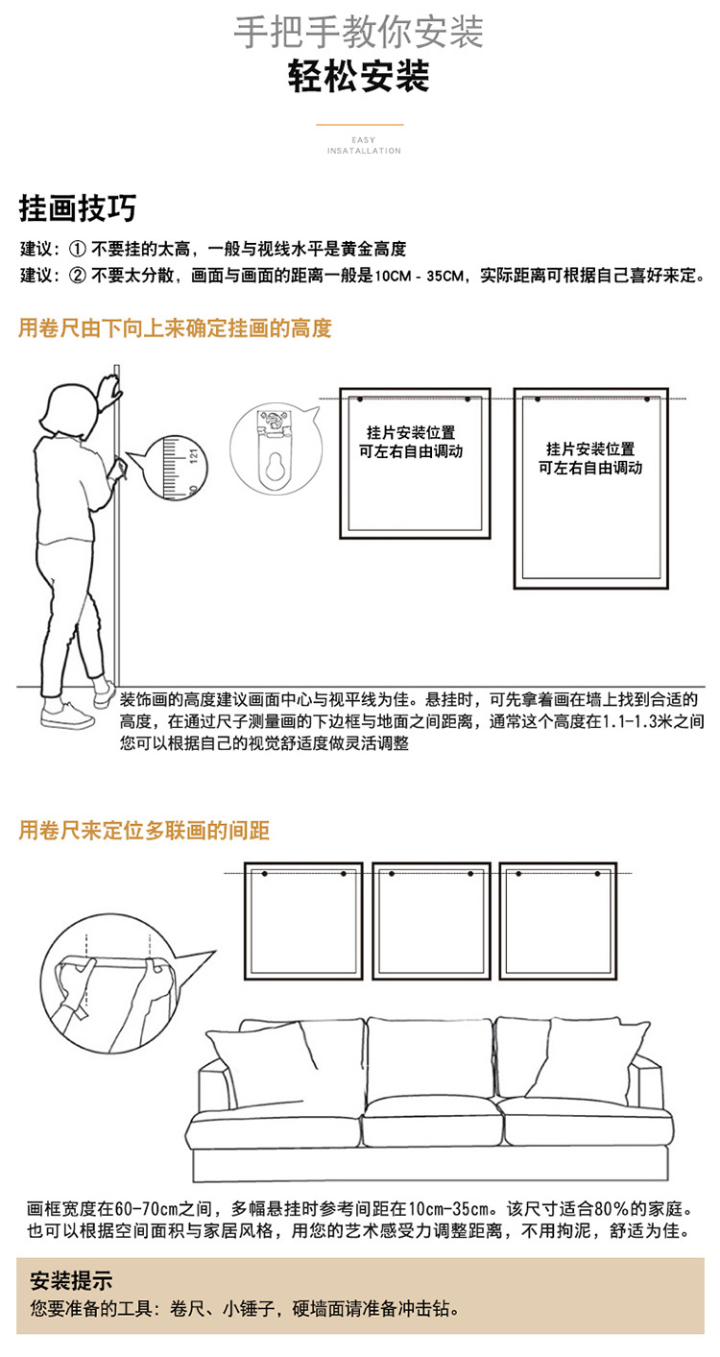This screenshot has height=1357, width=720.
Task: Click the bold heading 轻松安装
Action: coord(359,77)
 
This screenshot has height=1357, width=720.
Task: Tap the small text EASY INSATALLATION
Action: coord(364,145)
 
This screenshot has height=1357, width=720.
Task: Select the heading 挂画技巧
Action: coord(78,207)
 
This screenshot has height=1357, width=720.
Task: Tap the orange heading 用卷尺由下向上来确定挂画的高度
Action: coord(175,328)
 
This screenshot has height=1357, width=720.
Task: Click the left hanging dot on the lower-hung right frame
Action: coord(538,399)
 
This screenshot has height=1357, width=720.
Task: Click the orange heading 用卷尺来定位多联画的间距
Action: coord(144,831)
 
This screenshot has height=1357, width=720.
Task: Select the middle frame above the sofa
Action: coord(431,920)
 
